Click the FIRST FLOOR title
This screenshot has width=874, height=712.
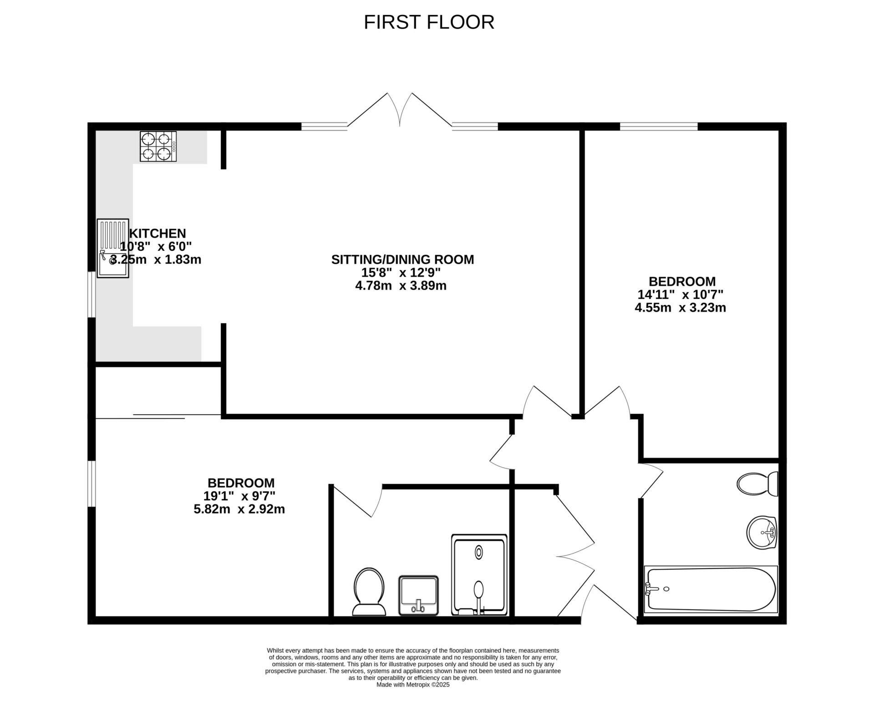coord(429,22)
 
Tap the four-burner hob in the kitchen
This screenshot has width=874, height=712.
coord(158,147)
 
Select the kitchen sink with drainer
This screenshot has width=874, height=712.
coord(112,248)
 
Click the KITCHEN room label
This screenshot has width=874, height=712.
coord(158,234)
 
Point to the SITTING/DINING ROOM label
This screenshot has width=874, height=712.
coord(402,259)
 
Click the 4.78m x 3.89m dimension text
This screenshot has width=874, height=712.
coord(401,286)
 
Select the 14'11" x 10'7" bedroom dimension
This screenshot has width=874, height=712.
coord(680,295)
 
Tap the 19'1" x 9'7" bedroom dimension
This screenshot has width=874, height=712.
coord(239,496)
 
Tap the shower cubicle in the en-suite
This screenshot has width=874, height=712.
coord(479,575)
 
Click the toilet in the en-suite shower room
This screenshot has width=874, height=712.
coord(369,591)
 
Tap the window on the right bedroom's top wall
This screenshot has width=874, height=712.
coord(658,126)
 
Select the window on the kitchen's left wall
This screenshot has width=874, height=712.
coord(91,294)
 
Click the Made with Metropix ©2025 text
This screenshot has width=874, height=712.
coord(413,697)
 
